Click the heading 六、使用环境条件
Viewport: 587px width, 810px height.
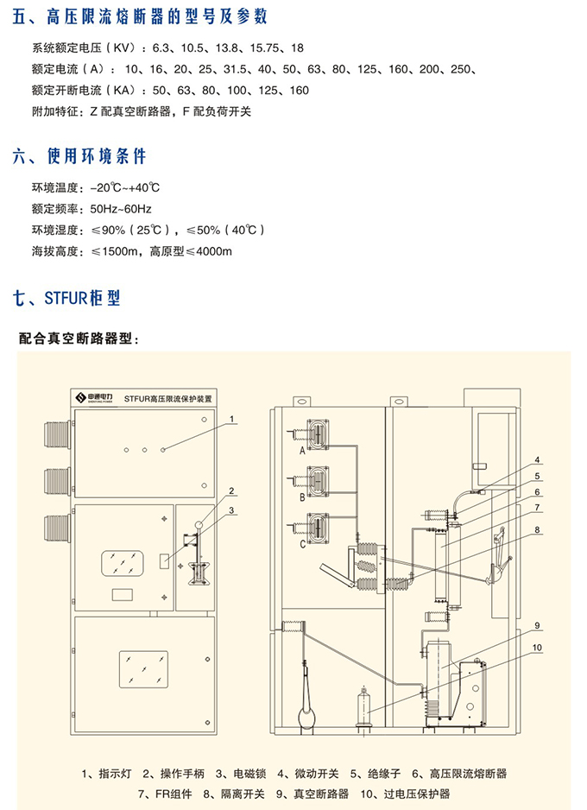[x=79, y=156]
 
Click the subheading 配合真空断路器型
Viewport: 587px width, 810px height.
[x=79, y=339]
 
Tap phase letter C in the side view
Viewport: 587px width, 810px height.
[x=302, y=545]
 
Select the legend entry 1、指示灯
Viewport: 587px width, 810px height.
[x=107, y=773]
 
